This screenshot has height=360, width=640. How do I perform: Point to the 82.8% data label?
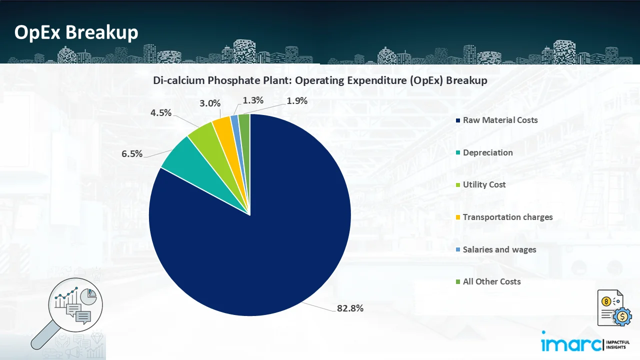coord(350,308)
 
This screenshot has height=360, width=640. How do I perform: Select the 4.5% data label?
coord(161,112)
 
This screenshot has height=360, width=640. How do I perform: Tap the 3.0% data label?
coord(210,103)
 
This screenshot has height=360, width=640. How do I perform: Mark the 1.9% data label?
coord(296,101)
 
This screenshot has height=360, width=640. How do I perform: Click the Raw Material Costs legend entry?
coord(500,120)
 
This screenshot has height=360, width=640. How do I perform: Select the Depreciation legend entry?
coord(487,152)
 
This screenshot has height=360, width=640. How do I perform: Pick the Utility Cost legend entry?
coord(484,184)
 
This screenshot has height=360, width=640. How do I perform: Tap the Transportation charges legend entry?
coord(507,217)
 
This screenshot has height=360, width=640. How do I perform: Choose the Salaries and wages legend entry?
coord(499,249)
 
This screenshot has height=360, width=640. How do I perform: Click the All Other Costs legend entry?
coord(491,281)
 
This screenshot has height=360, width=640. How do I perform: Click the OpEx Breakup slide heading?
coord(76,32)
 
